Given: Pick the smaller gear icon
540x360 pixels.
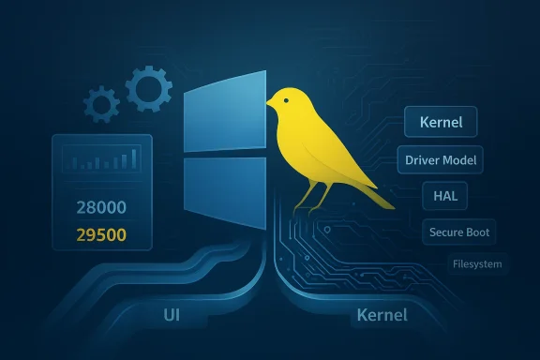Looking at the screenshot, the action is coord(101,103).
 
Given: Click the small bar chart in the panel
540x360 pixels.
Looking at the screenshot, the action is coord(102,161).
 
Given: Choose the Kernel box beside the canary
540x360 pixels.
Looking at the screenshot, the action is coord(440,122).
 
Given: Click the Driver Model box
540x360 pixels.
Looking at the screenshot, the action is coord(440,159).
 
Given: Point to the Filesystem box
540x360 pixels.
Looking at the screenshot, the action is coord(475,263).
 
